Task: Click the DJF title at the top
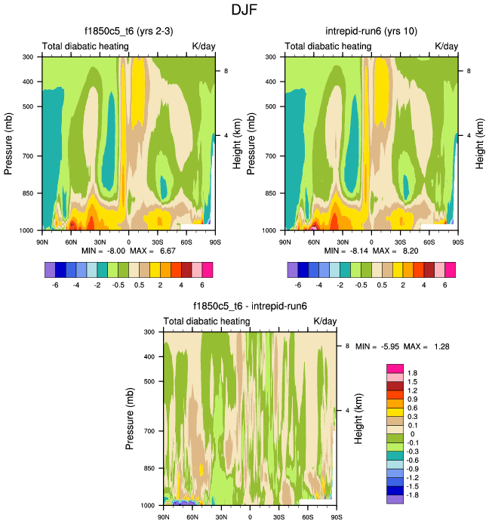point(244,11)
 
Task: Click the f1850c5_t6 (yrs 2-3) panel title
point(128,31)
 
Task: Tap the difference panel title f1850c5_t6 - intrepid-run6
point(250,307)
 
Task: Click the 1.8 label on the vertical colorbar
point(412,373)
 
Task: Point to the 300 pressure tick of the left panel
point(26,57)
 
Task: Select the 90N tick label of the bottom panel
point(163,517)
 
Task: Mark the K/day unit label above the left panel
point(204,47)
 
